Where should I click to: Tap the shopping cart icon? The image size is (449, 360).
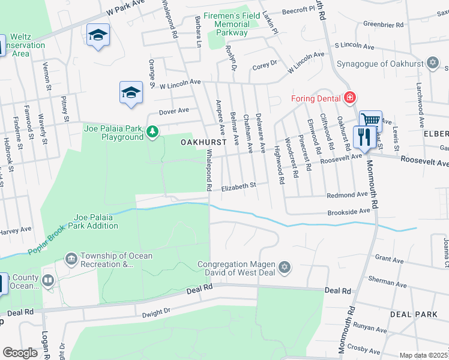pos(370,120)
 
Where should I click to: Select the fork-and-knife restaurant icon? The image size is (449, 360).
pos(364,137)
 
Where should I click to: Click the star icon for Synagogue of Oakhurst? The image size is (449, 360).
pos(432,63)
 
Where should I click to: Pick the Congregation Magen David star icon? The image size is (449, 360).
pos(285,266)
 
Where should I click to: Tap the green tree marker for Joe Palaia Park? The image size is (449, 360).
pos(152,131)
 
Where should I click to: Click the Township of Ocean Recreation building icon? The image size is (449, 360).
pos(71,259)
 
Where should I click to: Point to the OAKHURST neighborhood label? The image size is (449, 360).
pos(203,142)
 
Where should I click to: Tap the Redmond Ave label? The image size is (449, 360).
pos(347,195)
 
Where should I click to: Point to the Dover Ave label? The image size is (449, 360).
pos(173,111)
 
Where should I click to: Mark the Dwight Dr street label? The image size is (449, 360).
pos(156,313)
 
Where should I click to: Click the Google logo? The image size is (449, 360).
pos(20,353)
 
